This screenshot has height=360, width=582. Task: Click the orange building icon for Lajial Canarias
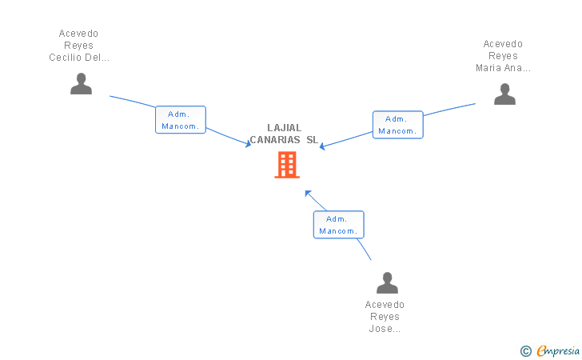[287, 165]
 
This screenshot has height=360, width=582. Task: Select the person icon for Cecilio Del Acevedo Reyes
[81, 84]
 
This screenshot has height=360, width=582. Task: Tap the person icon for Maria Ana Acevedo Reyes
[504, 94]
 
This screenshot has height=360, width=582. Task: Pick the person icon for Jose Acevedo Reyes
[387, 283]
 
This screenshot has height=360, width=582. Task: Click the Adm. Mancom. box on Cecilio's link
[180, 120]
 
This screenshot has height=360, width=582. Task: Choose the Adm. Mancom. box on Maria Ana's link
[397, 124]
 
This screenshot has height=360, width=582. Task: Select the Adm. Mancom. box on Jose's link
[338, 225]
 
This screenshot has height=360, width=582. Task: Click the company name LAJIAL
[285, 127]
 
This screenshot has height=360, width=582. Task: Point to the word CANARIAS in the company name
[275, 139]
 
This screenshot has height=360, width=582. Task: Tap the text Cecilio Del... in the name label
[79, 58]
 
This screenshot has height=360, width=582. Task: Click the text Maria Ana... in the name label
[503, 68]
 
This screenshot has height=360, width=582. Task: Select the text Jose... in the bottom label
[385, 329]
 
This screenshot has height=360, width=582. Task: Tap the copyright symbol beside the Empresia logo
[525, 350]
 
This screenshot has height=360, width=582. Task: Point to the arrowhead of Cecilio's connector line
[249, 144]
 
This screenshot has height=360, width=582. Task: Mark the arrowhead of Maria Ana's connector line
[322, 146]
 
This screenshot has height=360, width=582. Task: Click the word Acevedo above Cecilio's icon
[79, 34]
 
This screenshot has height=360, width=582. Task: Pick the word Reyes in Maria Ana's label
[503, 56]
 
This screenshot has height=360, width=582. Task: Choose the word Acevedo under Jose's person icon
[385, 305]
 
